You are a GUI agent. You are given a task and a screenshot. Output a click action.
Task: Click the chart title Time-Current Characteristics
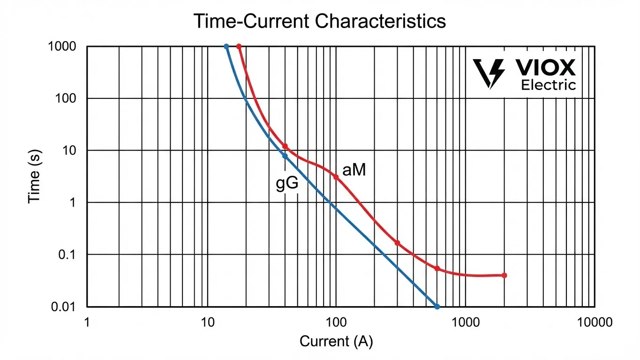319,21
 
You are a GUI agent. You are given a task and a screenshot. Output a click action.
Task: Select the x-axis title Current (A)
336,341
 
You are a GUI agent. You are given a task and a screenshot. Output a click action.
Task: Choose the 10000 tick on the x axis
595,322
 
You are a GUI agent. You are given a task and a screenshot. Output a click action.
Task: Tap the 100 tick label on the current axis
336,322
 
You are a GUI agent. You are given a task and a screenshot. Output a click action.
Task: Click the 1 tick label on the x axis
87,322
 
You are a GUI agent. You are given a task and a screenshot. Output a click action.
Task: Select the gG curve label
286,184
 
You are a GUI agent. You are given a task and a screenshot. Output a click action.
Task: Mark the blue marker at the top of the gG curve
226,47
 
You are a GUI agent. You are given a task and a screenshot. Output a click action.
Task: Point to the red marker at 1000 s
239,47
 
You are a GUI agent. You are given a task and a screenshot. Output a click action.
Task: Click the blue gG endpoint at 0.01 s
437,307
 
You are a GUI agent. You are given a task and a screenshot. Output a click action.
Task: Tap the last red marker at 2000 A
504,275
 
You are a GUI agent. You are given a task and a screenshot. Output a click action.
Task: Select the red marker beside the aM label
336,177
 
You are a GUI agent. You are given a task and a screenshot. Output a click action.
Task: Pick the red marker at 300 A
397,243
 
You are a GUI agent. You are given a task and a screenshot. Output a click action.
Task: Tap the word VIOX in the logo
546,69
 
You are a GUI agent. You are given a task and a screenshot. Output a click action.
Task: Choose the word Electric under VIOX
549,85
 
